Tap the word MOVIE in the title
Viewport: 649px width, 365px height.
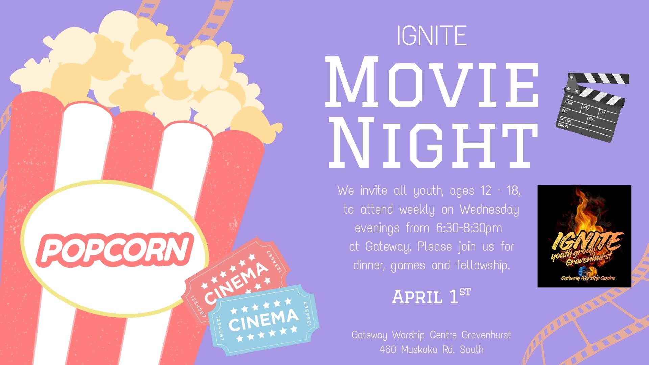coord(432,83)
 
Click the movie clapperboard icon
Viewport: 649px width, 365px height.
coord(593,107)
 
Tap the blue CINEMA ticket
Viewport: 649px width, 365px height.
coord(264,320)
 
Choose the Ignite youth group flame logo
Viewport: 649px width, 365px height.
coord(584,236)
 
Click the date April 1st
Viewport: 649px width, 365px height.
coord(431,296)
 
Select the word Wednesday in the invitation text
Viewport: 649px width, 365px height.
coord(489,210)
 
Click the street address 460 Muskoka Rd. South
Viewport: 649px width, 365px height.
coord(431,349)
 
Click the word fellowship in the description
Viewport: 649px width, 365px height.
coord(483,265)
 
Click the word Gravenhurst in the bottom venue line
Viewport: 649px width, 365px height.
coord(486,335)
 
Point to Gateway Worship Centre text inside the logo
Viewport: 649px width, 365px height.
coord(588,278)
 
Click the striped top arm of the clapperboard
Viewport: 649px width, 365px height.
coord(598,79)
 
